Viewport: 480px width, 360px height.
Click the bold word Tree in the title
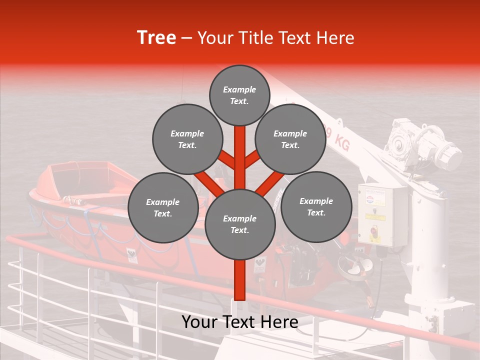click(x=156, y=38)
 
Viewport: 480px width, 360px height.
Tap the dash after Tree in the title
click(x=186, y=38)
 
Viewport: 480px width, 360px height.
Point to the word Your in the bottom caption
click(x=199, y=322)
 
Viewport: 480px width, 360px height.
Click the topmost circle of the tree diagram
click(x=239, y=95)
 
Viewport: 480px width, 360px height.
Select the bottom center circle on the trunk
click(x=239, y=224)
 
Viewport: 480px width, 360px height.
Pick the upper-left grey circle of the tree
click(x=187, y=139)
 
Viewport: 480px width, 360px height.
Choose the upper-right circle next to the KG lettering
click(x=290, y=139)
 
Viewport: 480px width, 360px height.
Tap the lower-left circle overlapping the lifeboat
click(x=162, y=207)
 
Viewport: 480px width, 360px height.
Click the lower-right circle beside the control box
click(x=316, y=206)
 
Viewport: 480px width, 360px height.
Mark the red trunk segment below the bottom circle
click(x=239, y=280)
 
